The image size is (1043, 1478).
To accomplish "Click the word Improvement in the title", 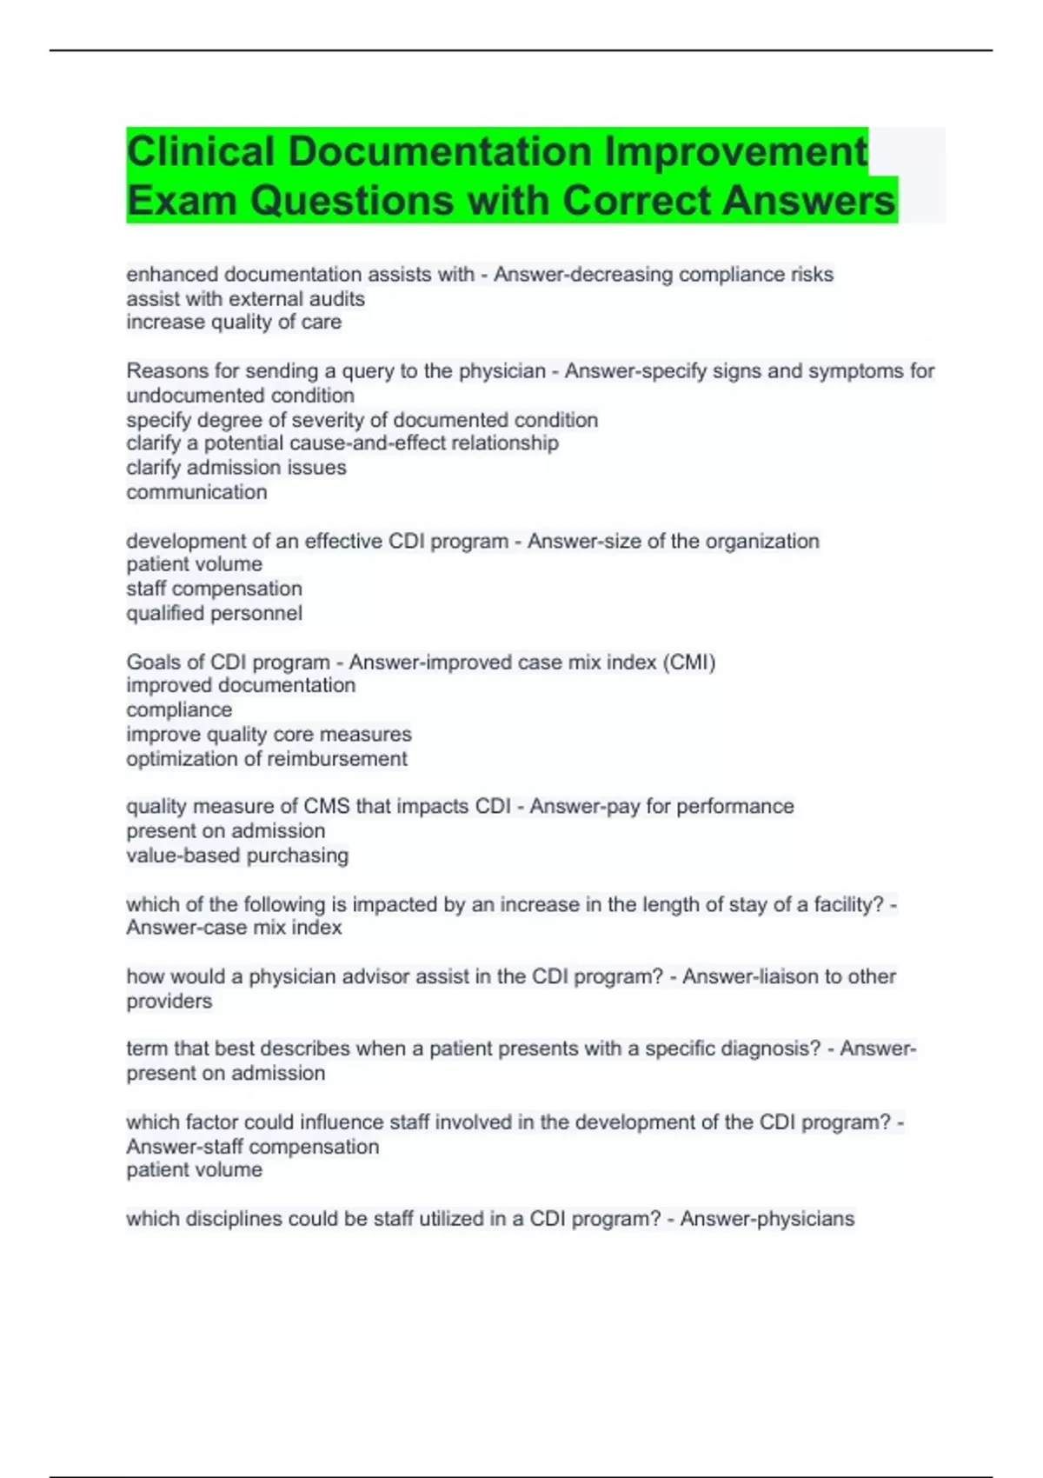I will click(x=735, y=151).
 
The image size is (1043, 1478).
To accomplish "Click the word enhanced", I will click(x=172, y=275).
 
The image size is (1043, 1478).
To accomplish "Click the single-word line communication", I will click(x=196, y=492).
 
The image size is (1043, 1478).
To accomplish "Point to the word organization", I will click(x=761, y=541).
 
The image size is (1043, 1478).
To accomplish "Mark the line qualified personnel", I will click(x=214, y=613).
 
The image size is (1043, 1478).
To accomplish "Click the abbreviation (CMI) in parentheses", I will click(x=688, y=662).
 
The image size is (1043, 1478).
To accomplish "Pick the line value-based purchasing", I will click(x=237, y=856).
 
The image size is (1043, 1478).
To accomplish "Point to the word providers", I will click(x=169, y=1002).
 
